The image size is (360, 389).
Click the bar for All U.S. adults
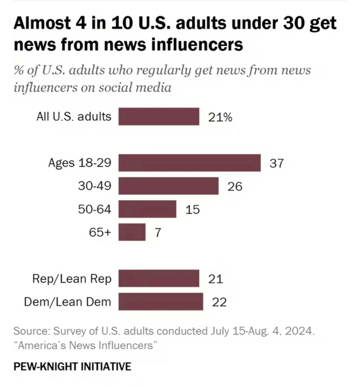159,116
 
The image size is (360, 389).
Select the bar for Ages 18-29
189,163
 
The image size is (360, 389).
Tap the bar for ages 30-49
168,186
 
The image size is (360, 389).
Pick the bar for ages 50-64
147,209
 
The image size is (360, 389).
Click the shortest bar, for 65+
132,232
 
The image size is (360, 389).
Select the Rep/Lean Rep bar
159,279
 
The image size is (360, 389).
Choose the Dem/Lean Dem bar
160,302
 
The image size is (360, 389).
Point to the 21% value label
220,117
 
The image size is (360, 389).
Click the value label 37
276,163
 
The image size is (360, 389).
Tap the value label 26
235,186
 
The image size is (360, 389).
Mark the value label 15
192,210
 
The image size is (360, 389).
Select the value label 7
158,233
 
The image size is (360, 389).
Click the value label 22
219,302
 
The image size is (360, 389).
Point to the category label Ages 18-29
79,163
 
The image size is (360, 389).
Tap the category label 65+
100,232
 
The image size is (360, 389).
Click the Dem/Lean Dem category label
67,302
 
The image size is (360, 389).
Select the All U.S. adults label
74,116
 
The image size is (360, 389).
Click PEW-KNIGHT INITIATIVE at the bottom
72,366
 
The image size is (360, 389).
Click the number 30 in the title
294,23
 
